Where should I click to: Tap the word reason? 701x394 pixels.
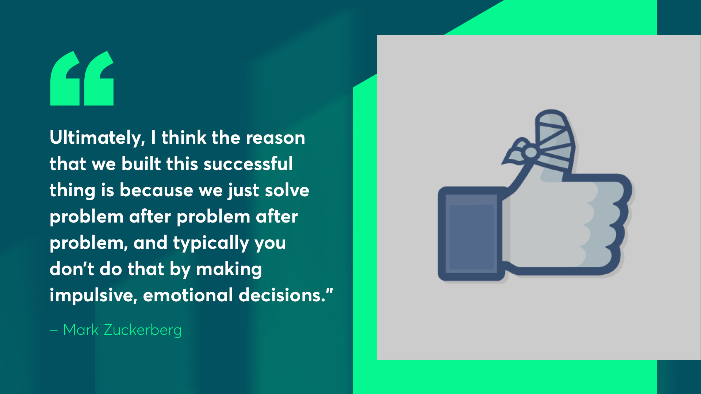275,138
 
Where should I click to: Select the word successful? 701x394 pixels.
248,164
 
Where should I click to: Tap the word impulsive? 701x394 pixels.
93,295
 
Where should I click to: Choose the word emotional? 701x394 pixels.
188,295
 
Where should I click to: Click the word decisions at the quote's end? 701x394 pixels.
282,295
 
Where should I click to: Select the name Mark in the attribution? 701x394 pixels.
81,330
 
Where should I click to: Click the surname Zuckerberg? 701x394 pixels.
143,330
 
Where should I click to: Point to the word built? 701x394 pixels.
141,164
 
